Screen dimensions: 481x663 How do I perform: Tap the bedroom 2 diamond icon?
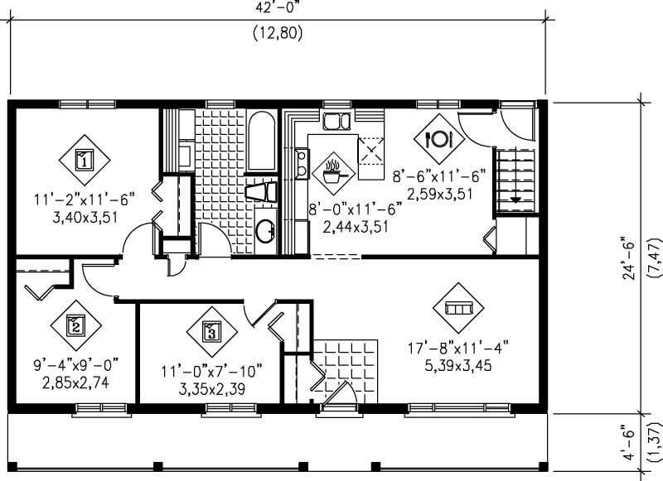(x=75, y=325)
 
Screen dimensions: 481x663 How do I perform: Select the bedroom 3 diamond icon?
(x=211, y=333)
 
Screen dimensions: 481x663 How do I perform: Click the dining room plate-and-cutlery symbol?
(x=437, y=137)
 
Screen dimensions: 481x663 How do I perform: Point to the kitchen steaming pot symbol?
(x=334, y=172)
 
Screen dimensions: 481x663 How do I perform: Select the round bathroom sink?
(x=265, y=231)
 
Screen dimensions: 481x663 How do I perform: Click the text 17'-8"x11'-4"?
(x=457, y=348)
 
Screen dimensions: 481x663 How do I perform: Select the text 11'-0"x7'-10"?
(x=211, y=370)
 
